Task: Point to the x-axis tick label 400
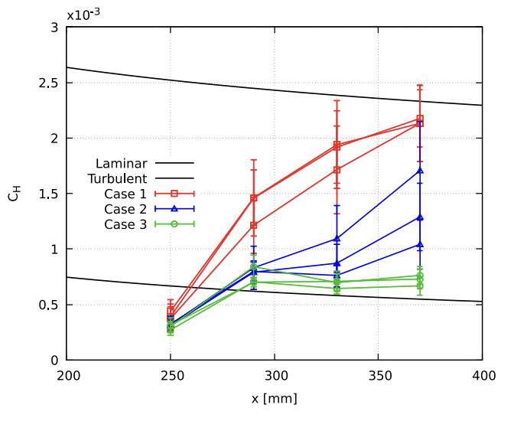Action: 482,377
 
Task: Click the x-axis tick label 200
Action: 67,377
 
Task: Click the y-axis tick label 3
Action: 54,28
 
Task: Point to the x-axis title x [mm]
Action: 275,399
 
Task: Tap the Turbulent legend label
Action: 117,178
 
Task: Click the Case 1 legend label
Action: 125,193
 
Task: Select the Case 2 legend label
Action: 125,208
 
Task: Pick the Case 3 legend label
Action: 125,224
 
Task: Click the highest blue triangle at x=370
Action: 420,170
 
